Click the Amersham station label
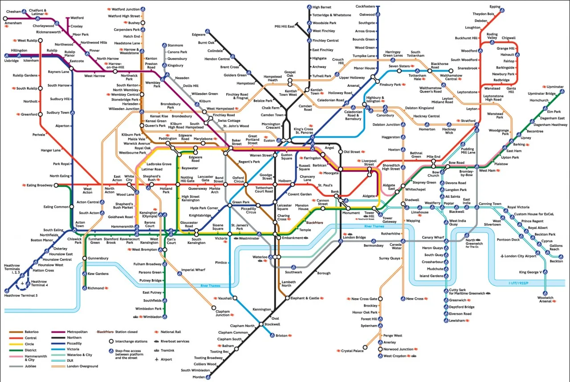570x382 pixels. pos(13,23)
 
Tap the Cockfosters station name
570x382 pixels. pos(365,7)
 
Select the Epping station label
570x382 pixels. pos(495,7)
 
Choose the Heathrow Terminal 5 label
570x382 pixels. pos(20,295)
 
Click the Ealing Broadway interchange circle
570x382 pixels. pos(56,185)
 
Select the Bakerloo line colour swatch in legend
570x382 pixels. pos(16,332)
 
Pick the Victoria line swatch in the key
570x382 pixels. pos(58,349)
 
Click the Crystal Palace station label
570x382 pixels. pos(352,351)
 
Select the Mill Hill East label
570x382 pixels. pos(285,27)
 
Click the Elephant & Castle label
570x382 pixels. pos(304,298)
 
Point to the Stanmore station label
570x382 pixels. pos(175,45)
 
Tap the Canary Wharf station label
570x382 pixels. pos(433,237)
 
